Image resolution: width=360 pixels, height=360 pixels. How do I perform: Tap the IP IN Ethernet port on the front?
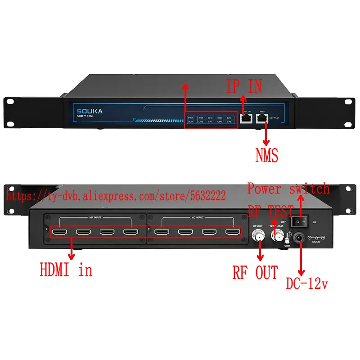click(246, 118)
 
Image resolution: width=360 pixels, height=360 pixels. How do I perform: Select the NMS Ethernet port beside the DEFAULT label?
click(261, 118)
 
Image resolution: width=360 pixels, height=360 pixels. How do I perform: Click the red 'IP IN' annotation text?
click(243, 86)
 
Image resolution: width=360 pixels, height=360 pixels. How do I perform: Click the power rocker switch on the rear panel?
click(300, 221)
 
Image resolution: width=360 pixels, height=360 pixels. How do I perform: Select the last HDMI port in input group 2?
click(232, 233)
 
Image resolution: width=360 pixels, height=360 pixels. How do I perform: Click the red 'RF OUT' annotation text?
click(255, 272)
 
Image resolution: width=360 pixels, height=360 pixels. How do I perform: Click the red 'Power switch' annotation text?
click(288, 188)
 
